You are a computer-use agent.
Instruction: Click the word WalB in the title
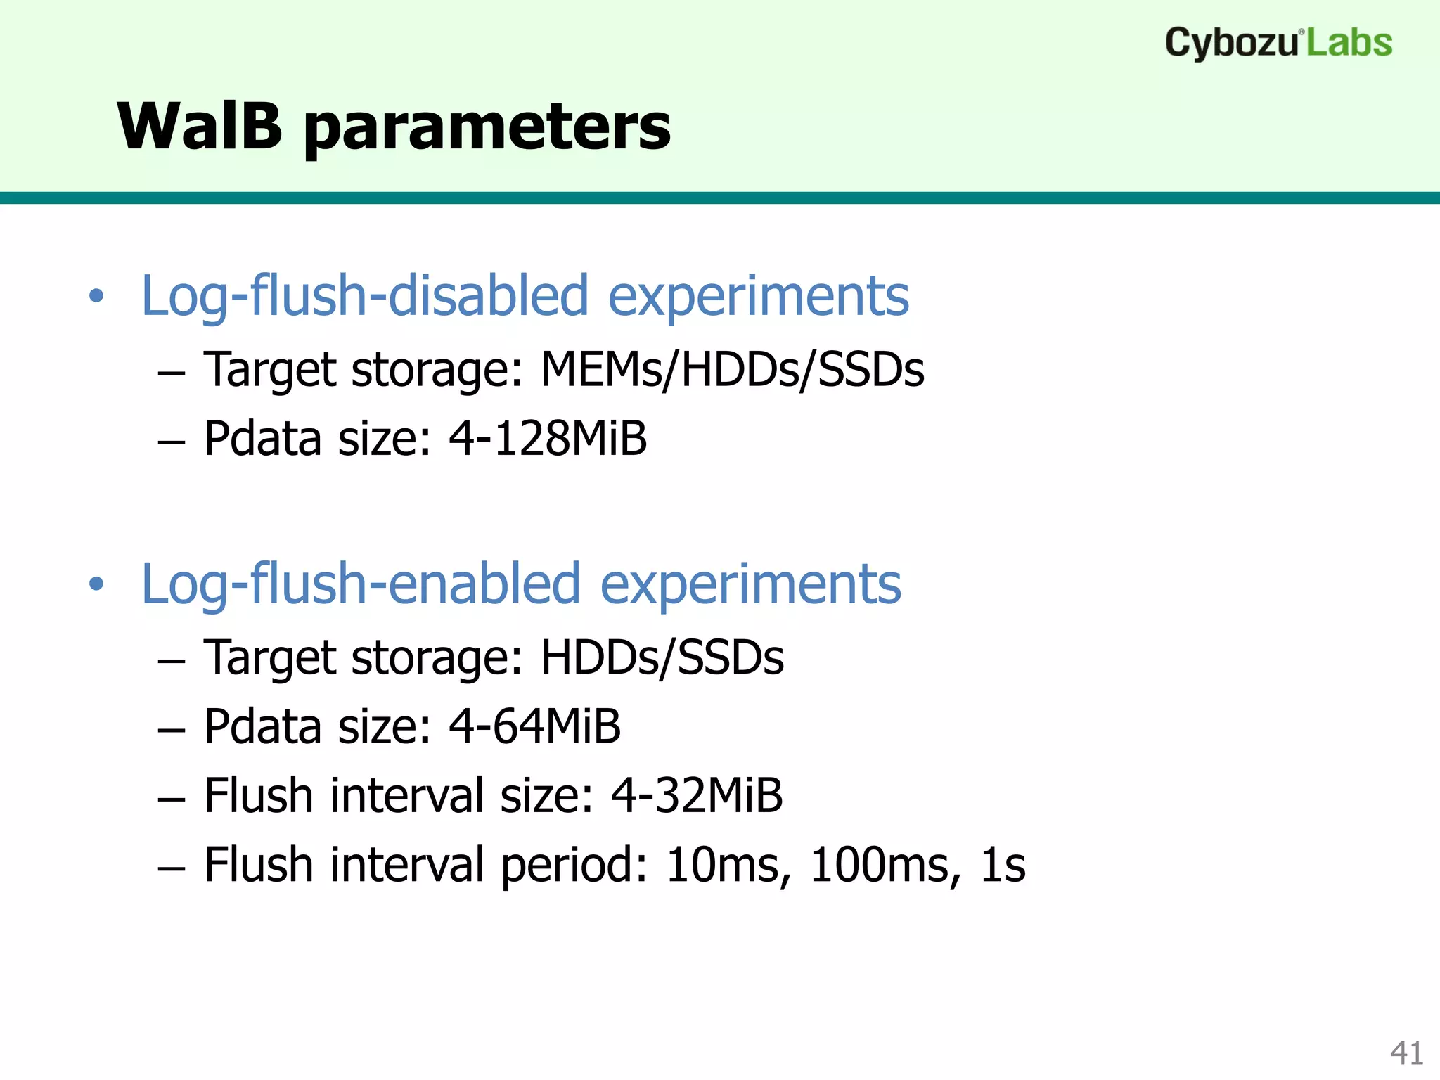pyautogui.click(x=200, y=127)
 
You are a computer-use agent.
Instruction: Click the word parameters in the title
pyautogui.click(x=487, y=128)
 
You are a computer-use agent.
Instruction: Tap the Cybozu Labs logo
pyautogui.click(x=1278, y=42)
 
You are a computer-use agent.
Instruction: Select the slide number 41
pyautogui.click(x=1406, y=1053)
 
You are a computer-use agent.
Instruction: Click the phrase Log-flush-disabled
pyautogui.click(x=364, y=296)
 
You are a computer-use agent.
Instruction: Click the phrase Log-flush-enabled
pyautogui.click(x=361, y=584)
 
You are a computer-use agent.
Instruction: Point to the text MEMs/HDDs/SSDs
pyautogui.click(x=731, y=370)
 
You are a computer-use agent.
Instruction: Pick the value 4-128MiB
pyautogui.click(x=547, y=439)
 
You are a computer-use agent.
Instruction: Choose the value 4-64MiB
pyautogui.click(x=534, y=726)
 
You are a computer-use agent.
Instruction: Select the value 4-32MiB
pyautogui.click(x=696, y=796)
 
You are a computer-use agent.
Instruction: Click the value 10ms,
pyautogui.click(x=728, y=865)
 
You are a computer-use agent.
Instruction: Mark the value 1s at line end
pyautogui.click(x=1003, y=865)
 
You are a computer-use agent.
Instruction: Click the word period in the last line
pyautogui.click(x=574, y=866)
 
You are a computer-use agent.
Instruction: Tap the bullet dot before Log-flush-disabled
pyautogui.click(x=96, y=297)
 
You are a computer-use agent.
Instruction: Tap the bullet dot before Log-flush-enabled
pyautogui.click(x=96, y=584)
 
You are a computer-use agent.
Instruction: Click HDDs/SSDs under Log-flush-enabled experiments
pyautogui.click(x=661, y=658)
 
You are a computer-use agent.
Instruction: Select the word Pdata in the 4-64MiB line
pyautogui.click(x=264, y=726)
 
